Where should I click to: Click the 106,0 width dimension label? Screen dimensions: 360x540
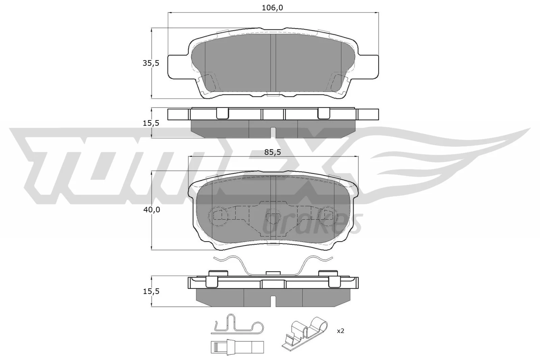point(272,8)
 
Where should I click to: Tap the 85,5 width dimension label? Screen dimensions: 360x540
point(272,152)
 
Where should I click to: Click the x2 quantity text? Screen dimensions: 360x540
point(340,331)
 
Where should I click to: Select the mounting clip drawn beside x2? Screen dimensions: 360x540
point(305,332)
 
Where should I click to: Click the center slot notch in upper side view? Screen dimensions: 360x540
point(273,132)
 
